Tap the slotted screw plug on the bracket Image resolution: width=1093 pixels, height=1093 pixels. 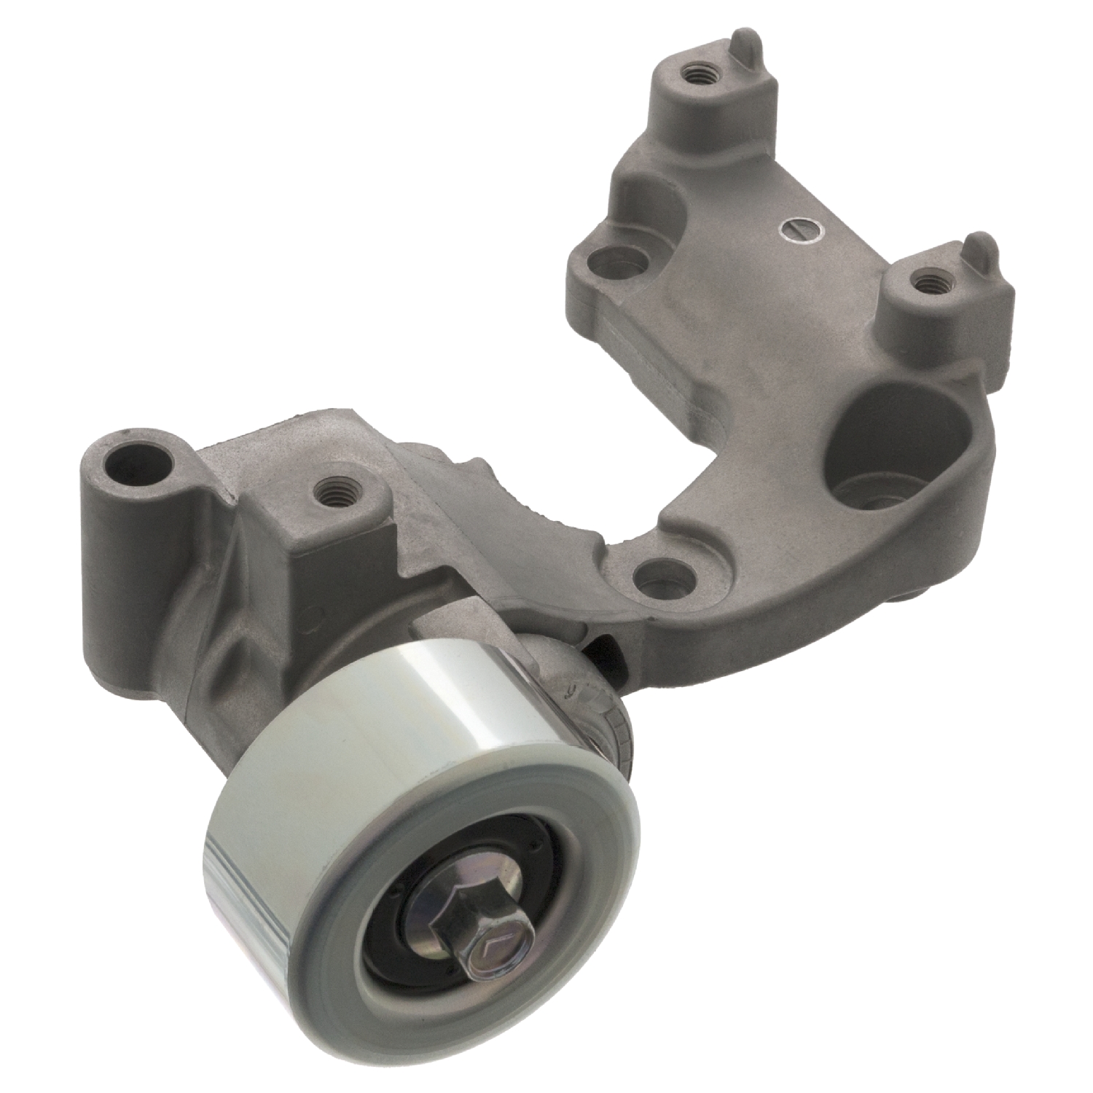click(x=799, y=232)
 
